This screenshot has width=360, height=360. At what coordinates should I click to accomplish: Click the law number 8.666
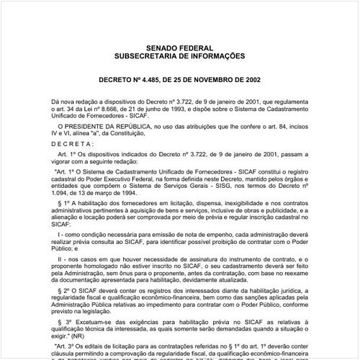point(95,113)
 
